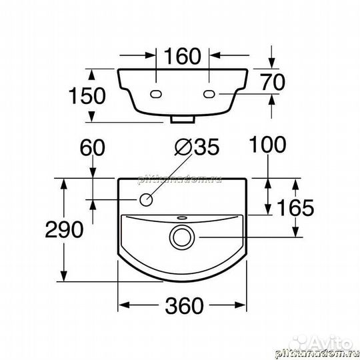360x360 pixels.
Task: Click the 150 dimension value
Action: tap(86, 95)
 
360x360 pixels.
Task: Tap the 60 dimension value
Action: tap(93, 147)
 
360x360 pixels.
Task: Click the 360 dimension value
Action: tap(182, 306)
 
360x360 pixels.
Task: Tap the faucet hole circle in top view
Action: tap(147, 199)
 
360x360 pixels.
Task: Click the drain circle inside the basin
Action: tap(181, 235)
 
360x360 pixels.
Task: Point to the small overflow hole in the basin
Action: tap(181, 217)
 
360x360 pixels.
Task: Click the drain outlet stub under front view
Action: tap(182, 121)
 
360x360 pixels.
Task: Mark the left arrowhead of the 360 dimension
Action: tap(123, 306)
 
